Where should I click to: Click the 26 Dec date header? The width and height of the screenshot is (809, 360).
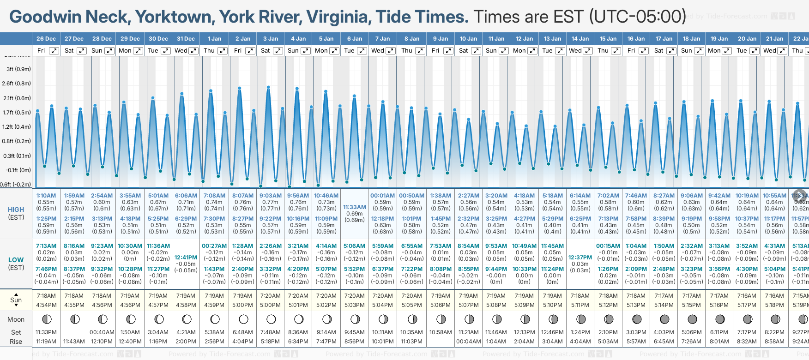(46, 39)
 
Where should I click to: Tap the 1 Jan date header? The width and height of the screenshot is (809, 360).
(214, 39)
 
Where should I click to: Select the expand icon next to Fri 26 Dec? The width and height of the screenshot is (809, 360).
(54, 51)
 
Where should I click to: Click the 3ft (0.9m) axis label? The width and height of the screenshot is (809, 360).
(18, 69)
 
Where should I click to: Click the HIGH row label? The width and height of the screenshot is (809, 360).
(16, 210)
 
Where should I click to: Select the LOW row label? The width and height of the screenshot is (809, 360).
(16, 260)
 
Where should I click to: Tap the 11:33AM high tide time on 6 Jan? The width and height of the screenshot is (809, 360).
(355, 207)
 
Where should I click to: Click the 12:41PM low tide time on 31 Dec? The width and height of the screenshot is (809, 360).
(186, 258)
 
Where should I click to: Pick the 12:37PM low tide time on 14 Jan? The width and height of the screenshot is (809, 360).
(580, 258)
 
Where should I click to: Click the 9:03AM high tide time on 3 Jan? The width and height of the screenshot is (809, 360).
(270, 196)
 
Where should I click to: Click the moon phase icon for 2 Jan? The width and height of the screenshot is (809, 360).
(243, 319)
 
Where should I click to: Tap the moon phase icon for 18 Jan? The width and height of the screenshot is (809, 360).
(692, 319)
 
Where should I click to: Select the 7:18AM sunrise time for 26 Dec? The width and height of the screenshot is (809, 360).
(46, 296)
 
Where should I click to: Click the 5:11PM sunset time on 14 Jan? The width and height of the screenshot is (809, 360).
(580, 305)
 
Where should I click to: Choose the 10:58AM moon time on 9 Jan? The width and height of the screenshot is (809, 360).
(441, 332)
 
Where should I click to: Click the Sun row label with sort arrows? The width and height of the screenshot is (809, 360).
(16, 300)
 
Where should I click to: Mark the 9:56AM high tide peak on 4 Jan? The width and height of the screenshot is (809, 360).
(297, 88)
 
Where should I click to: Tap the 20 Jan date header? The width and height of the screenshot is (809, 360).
(747, 39)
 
